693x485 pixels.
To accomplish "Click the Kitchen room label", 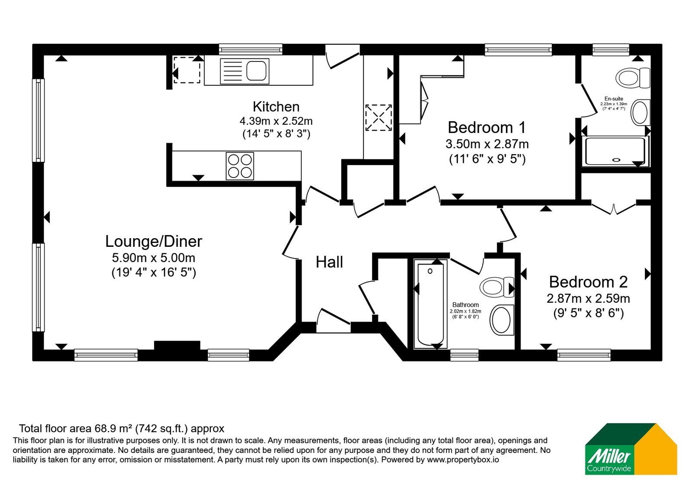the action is click(x=276, y=107).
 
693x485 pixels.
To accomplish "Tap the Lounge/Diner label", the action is click(x=153, y=242).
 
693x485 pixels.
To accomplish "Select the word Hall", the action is click(x=329, y=262).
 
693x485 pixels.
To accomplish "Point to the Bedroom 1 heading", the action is click(x=487, y=127).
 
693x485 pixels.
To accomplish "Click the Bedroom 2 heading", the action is click(x=588, y=282).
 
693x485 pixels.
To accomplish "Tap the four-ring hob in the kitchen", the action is click(x=240, y=166).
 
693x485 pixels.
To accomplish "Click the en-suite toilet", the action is click(x=633, y=78).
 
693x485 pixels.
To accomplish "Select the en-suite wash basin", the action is click(x=640, y=113).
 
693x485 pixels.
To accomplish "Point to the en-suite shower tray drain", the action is click(x=616, y=160).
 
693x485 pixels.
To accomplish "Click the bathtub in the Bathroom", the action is click(x=431, y=304).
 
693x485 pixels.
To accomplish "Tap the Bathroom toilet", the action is click(x=496, y=288).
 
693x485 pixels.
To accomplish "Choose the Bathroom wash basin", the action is click(x=502, y=320).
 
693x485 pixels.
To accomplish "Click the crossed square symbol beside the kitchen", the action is click(x=379, y=117).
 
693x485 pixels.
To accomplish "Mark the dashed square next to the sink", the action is click(x=187, y=70).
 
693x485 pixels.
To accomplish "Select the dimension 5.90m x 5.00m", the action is click(x=153, y=257).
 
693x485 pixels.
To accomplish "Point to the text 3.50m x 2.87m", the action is click(x=487, y=144).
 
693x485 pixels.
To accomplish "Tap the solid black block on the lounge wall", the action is click(x=177, y=346).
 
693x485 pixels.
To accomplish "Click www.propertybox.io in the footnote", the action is click(x=463, y=459).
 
